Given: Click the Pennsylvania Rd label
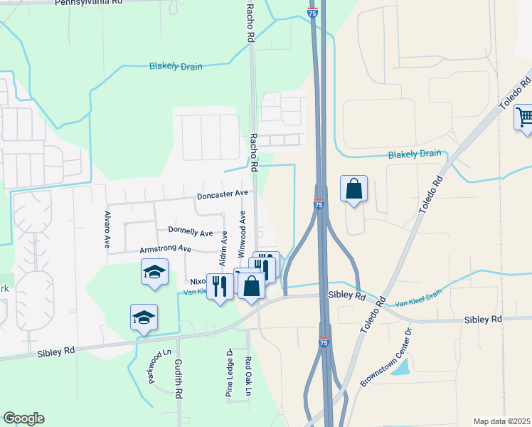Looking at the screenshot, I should coord(92,3).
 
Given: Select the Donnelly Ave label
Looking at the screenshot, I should coord(191,232).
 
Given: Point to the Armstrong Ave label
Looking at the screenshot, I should coord(165,249).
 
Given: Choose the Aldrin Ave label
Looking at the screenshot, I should coord(224,248).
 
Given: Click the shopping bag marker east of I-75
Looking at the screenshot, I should coord(353,189).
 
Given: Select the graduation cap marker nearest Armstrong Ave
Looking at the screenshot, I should coord(154,273).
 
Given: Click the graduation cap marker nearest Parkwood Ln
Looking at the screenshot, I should coord(144,317).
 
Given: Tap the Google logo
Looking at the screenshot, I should coord(23,418).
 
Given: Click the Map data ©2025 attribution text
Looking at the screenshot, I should coord(501,421).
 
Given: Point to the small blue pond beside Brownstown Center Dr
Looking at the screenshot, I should coord(400,367).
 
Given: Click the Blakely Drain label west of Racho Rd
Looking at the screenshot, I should coord(175,66).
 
